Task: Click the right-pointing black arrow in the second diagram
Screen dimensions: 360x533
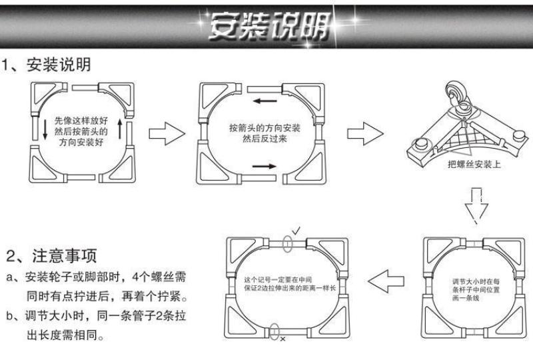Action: coord(265,165)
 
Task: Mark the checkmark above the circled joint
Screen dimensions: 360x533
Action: coord(295,230)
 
